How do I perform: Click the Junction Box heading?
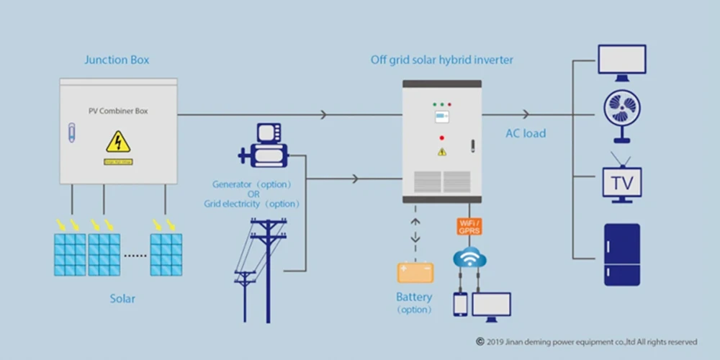pos(117,60)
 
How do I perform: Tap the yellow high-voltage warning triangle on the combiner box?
pos(118,142)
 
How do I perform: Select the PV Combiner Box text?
pos(118,112)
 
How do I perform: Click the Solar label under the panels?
pos(122,298)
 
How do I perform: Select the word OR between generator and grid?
pos(253,194)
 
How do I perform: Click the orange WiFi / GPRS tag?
pos(469,227)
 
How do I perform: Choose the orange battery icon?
pos(415,272)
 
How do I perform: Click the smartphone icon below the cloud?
pos(460,305)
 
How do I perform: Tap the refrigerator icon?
pos(621,255)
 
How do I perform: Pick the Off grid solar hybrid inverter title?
pos(442,60)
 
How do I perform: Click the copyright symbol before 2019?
pos(480,342)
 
